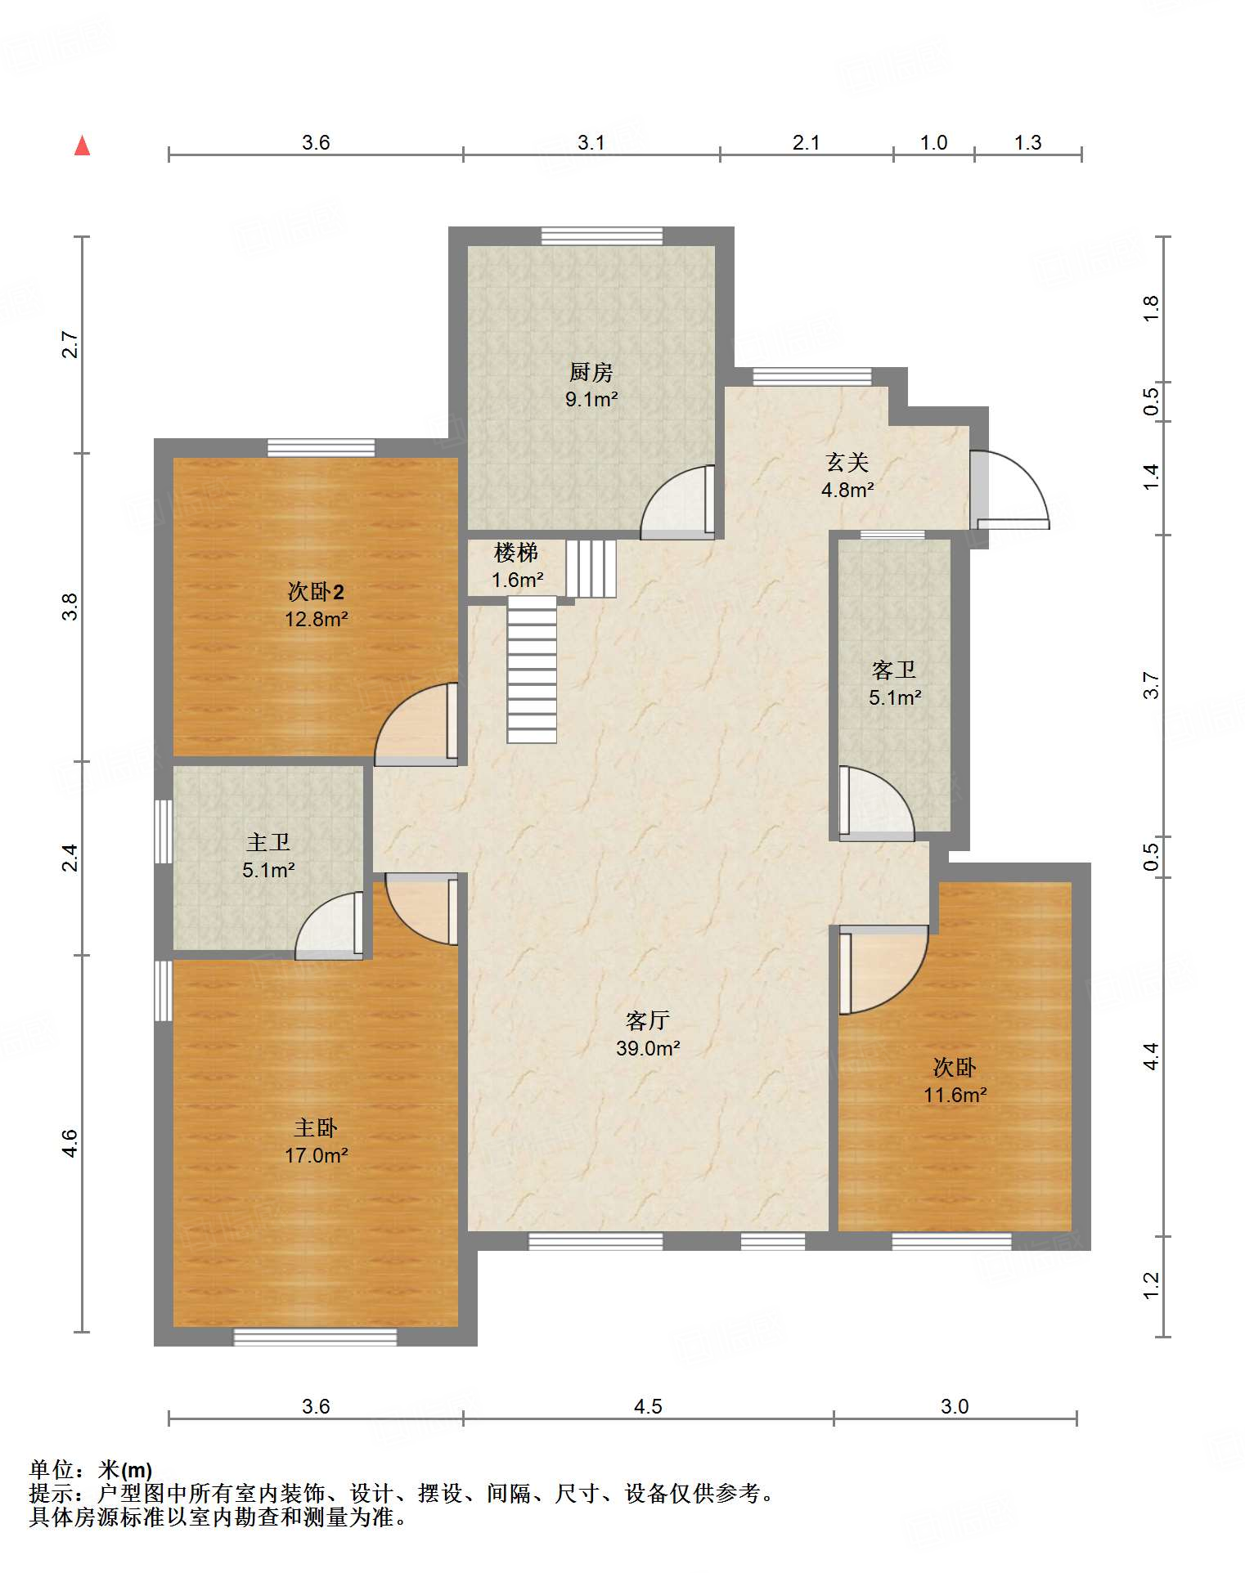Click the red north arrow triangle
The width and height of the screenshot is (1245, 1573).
82,146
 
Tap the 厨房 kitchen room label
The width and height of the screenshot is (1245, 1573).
591,372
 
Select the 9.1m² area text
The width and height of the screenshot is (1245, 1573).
591,400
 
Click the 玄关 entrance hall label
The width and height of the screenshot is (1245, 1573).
847,462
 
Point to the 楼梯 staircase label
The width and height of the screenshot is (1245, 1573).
515,553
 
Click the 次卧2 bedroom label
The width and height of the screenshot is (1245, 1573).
316,591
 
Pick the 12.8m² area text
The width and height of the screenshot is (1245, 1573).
316,619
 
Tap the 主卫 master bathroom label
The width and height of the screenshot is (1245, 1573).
268,842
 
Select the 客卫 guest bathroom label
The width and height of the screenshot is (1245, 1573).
893,670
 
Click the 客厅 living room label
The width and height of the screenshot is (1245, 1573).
647,1020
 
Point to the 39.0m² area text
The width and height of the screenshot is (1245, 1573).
648,1047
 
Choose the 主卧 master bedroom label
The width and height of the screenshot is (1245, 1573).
316,1127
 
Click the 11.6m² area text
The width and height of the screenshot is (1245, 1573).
955,1095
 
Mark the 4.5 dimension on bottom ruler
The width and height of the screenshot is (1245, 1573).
647,1406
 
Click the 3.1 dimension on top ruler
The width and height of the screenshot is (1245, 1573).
591,142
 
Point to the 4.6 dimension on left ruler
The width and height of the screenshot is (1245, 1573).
70,1143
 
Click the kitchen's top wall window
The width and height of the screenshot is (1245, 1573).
602,235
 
